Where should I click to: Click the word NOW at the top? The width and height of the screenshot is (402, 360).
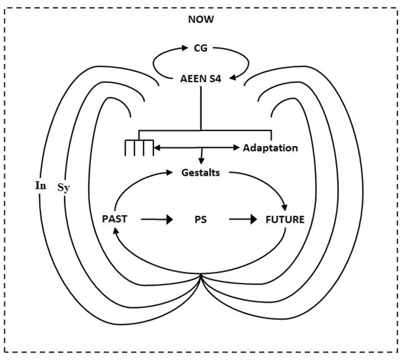tap(201, 19)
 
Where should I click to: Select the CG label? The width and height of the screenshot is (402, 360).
tap(200, 48)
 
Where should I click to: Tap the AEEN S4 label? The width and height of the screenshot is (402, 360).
tap(200, 78)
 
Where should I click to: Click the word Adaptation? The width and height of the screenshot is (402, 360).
tap(270, 148)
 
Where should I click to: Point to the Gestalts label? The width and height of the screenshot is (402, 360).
tap(200, 173)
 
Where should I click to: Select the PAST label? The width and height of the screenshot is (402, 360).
tap(114, 219)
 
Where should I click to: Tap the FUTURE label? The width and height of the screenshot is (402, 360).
tap(285, 220)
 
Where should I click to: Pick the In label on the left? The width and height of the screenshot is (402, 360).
tap(41, 186)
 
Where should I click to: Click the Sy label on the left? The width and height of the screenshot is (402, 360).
tap(63, 187)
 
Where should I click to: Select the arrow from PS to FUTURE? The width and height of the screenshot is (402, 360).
tap(244, 220)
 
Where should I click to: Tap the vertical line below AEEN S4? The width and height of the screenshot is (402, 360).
tap(200, 106)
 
